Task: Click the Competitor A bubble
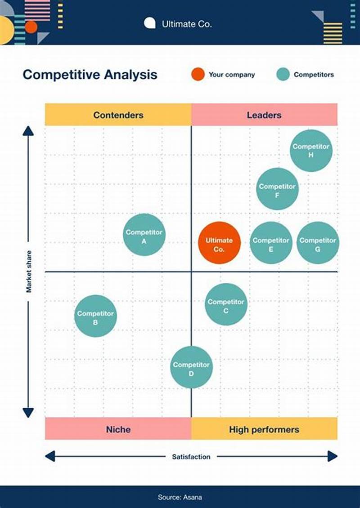click(144, 235)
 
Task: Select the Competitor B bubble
click(95, 316)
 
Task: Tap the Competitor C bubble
click(226, 304)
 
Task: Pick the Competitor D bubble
click(191, 367)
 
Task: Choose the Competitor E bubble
click(271, 243)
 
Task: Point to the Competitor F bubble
click(277, 189)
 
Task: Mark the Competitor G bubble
click(318, 243)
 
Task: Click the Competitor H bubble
click(311, 151)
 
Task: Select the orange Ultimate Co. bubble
click(219, 243)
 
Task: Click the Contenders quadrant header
click(118, 115)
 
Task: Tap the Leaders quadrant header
click(264, 115)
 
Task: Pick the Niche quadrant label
click(118, 429)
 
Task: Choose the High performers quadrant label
click(264, 429)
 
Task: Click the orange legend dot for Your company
click(198, 75)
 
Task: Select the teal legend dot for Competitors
click(283, 75)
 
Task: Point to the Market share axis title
click(29, 272)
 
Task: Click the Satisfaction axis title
click(191, 457)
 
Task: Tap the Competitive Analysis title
click(90, 75)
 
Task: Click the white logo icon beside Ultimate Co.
click(150, 23)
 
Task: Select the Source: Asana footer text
click(180, 497)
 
